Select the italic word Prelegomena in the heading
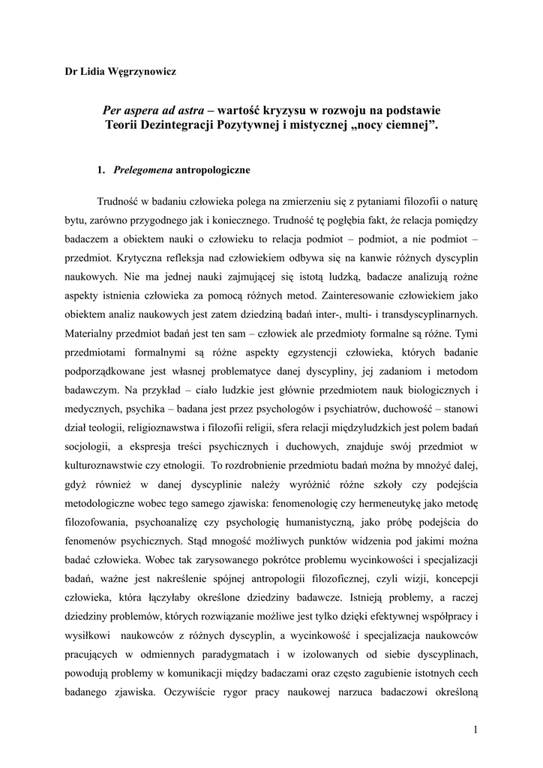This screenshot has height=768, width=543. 142,169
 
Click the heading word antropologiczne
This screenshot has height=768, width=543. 213,169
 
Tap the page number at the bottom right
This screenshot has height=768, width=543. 475,728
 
